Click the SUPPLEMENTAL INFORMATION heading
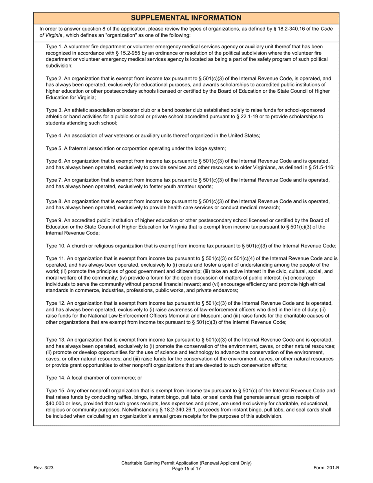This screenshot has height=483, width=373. pos(186,18)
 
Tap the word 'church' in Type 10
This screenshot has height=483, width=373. pos(78,246)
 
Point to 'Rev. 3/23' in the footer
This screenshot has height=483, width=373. pos(43,467)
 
